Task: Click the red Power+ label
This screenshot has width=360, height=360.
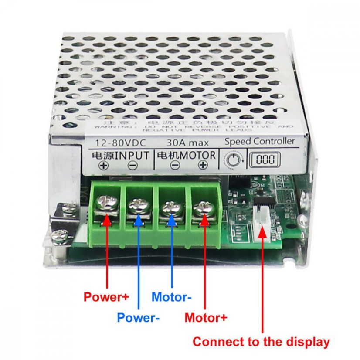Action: click(106, 297)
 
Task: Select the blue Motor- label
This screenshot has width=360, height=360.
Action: click(171, 297)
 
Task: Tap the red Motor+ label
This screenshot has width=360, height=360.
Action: click(206, 318)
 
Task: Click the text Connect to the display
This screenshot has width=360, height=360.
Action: click(261, 342)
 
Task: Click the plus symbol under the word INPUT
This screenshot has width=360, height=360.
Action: click(103, 165)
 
